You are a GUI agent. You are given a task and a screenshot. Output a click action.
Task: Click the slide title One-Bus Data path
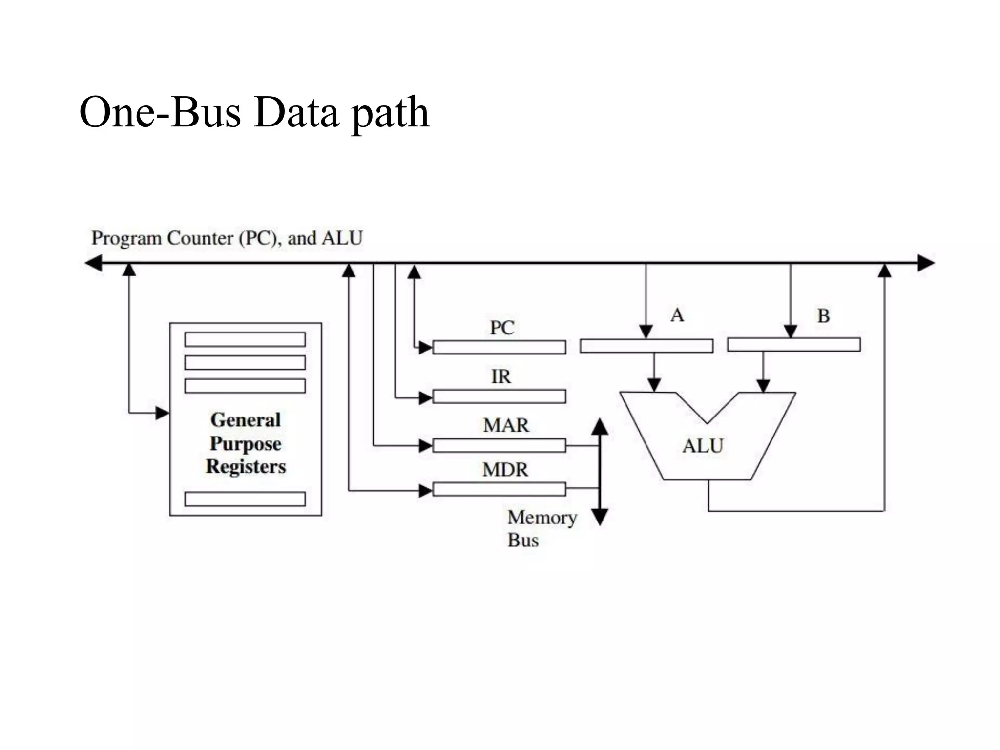pyautogui.click(x=254, y=113)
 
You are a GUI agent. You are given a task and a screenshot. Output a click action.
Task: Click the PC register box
pyautogui.click(x=499, y=347)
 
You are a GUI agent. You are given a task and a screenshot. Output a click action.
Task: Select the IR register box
pyautogui.click(x=499, y=396)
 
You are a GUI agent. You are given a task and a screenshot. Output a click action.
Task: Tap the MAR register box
pyautogui.click(x=499, y=445)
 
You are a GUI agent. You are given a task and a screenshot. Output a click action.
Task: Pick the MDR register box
pyautogui.click(x=499, y=489)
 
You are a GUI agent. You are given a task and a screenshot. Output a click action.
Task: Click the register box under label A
pyautogui.click(x=646, y=346)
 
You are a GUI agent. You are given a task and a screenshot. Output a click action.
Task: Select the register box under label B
pyautogui.click(x=793, y=345)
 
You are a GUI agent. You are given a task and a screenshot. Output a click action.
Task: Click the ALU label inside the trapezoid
pyautogui.click(x=703, y=446)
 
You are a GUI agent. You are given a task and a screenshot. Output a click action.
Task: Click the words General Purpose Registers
pyautogui.click(x=246, y=443)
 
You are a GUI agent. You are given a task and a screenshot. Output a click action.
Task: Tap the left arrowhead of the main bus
pyautogui.click(x=93, y=263)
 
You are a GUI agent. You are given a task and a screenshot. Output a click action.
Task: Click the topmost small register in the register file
pyautogui.click(x=245, y=339)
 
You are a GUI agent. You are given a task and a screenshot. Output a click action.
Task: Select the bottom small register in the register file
pyautogui.click(x=245, y=499)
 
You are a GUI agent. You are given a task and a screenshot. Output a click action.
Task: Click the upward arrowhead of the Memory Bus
pyautogui.click(x=600, y=426)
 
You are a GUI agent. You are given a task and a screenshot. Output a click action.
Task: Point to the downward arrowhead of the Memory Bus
pyautogui.click(x=600, y=517)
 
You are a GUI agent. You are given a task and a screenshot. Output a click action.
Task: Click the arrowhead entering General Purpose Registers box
pyautogui.click(x=162, y=413)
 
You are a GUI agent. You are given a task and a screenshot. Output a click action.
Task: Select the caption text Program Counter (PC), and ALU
pyautogui.click(x=227, y=238)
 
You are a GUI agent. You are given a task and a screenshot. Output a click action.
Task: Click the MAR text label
pyautogui.click(x=506, y=425)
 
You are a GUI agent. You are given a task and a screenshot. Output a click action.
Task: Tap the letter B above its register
pyautogui.click(x=823, y=316)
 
